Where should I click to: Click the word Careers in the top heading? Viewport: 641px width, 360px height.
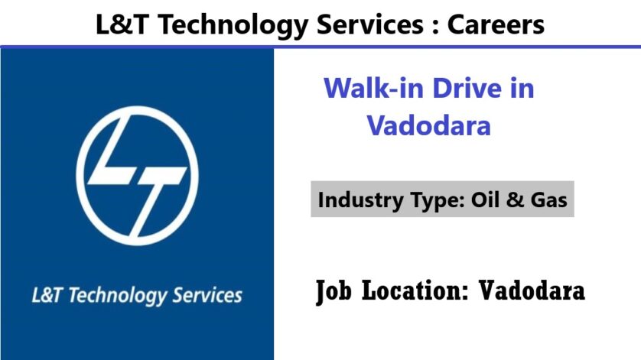496,24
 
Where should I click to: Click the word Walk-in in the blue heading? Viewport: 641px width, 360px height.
373,88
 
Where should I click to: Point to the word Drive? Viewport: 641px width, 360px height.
467,88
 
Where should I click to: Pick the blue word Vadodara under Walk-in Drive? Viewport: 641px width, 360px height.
428,125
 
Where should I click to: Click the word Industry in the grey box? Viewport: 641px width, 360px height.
360,200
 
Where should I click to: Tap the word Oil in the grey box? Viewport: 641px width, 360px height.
485,199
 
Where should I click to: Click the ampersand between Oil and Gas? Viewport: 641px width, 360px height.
514,199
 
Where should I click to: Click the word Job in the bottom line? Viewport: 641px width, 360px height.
334,291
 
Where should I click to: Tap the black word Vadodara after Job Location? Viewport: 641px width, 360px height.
532,290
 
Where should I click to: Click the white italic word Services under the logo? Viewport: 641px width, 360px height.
207,296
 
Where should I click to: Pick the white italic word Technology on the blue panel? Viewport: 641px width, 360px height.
117,297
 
